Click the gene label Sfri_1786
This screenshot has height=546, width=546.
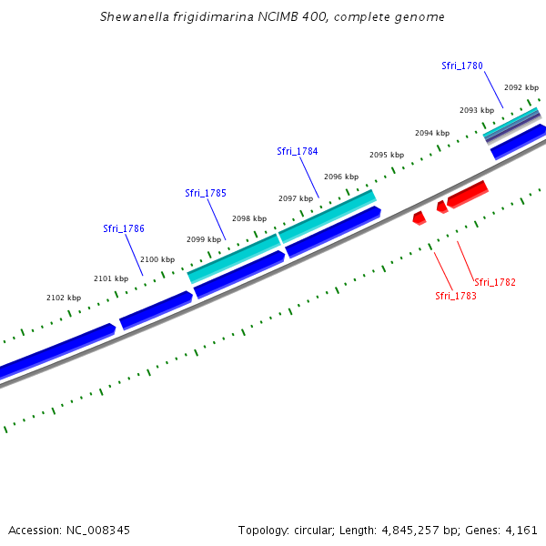[124, 228]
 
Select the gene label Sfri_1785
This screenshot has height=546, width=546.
[206, 193]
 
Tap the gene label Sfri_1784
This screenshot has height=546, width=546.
[298, 151]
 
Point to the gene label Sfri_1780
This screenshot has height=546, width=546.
[462, 66]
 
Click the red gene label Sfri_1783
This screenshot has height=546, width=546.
[456, 296]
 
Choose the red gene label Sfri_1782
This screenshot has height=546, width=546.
[495, 282]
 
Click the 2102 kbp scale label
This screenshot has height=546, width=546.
[64, 298]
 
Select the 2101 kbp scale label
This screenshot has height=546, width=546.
[111, 278]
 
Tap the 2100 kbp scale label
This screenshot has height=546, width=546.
[157, 259]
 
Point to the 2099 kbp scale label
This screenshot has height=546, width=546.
[204, 239]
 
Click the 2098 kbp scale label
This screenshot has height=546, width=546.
[249, 218]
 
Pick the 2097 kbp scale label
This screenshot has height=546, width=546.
[296, 198]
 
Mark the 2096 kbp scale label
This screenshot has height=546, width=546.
[341, 177]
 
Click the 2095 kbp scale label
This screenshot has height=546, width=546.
[387, 155]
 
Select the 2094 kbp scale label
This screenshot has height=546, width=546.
[432, 133]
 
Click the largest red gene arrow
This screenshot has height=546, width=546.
[468, 193]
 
